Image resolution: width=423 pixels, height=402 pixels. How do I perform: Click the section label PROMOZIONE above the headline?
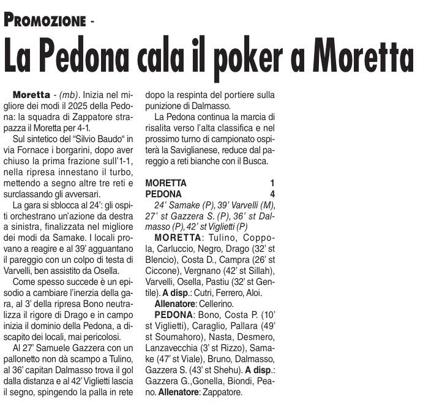[44, 20]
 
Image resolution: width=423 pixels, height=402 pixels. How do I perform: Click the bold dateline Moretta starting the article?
[31, 96]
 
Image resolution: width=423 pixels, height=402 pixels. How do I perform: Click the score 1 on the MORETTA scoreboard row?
[272, 183]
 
